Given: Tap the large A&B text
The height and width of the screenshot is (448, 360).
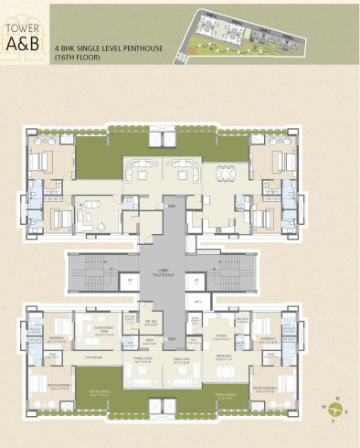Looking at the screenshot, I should point(19,34).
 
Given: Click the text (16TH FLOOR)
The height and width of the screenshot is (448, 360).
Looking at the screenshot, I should point(79,57).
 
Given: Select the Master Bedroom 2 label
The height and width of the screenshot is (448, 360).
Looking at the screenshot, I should point(278,386).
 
